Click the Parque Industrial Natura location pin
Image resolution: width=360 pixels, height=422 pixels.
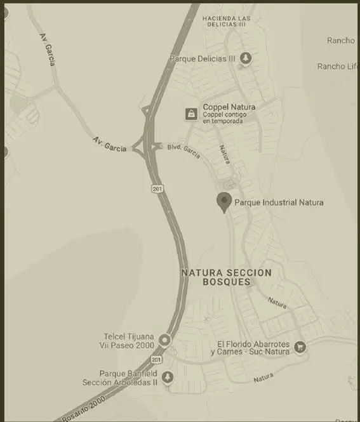tap(223, 201)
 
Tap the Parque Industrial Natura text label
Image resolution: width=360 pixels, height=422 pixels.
tap(279, 202)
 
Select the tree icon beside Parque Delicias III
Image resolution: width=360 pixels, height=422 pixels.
tap(246, 58)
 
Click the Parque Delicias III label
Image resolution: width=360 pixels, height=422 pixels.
tap(203, 58)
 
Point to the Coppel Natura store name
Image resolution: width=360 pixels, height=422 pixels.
tap(229, 107)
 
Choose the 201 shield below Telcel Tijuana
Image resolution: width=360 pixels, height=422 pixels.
tap(156, 360)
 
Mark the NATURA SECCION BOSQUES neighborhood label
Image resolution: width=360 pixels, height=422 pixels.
tap(226, 277)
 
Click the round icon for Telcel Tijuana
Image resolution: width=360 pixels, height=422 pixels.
tap(165, 341)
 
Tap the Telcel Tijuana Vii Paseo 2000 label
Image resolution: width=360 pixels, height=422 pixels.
tap(129, 341)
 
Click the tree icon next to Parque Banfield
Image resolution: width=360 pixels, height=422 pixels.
tap(168, 378)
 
